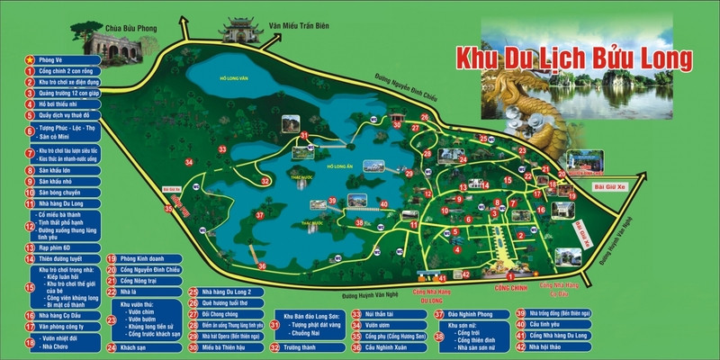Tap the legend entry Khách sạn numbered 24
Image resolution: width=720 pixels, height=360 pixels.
coord(133,346)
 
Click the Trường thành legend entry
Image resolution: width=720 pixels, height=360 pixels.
coord(302,346)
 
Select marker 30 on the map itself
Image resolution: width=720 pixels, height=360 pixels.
coord(396,124)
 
